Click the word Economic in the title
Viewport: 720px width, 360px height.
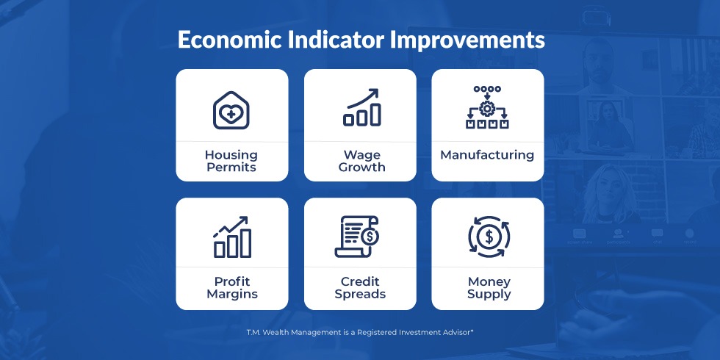(229, 40)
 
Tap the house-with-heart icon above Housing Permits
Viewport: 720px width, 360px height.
(231, 109)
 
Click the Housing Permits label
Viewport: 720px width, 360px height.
(231, 161)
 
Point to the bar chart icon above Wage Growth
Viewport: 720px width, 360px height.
(362, 107)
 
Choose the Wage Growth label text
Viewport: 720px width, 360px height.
(361, 161)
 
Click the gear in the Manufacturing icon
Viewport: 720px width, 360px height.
(486, 109)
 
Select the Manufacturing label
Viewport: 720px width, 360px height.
(487, 155)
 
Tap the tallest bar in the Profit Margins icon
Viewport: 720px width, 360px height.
(245, 243)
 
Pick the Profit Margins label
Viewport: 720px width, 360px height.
(232, 287)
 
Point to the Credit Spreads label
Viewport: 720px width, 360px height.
(360, 287)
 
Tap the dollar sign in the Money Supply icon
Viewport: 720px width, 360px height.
(489, 237)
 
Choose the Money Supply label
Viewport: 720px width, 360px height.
(489, 287)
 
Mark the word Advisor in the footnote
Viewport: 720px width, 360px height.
(458, 331)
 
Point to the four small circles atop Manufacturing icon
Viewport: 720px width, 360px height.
(487, 89)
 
